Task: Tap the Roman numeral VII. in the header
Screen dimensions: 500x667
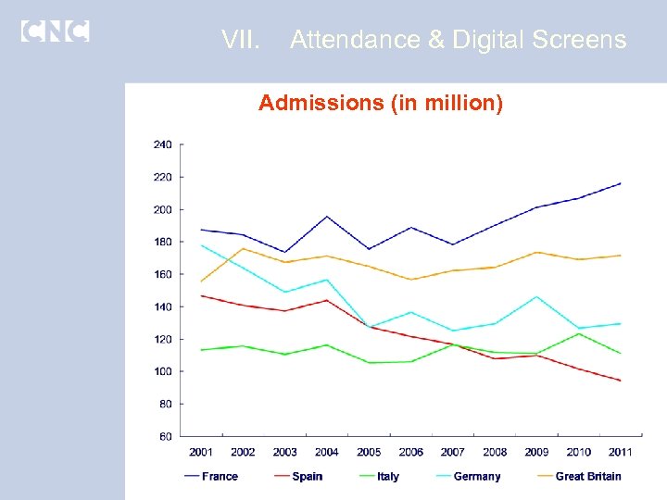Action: [242, 40]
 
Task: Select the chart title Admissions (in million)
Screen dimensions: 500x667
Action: [381, 103]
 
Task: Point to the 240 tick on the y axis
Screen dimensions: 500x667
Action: [162, 144]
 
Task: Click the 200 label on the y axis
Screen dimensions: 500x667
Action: [162, 209]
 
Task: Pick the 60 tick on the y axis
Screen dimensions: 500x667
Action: [165, 436]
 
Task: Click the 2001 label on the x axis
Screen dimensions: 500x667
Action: [201, 452]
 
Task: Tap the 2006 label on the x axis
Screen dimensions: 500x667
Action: [410, 452]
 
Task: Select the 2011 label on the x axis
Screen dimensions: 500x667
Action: [621, 452]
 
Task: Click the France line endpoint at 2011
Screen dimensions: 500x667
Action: [621, 183]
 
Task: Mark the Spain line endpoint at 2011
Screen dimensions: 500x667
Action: [621, 381]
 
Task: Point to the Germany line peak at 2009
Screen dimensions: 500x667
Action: [536, 296]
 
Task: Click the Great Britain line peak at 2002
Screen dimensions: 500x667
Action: [243, 248]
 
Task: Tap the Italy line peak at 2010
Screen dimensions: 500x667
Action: [578, 333]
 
